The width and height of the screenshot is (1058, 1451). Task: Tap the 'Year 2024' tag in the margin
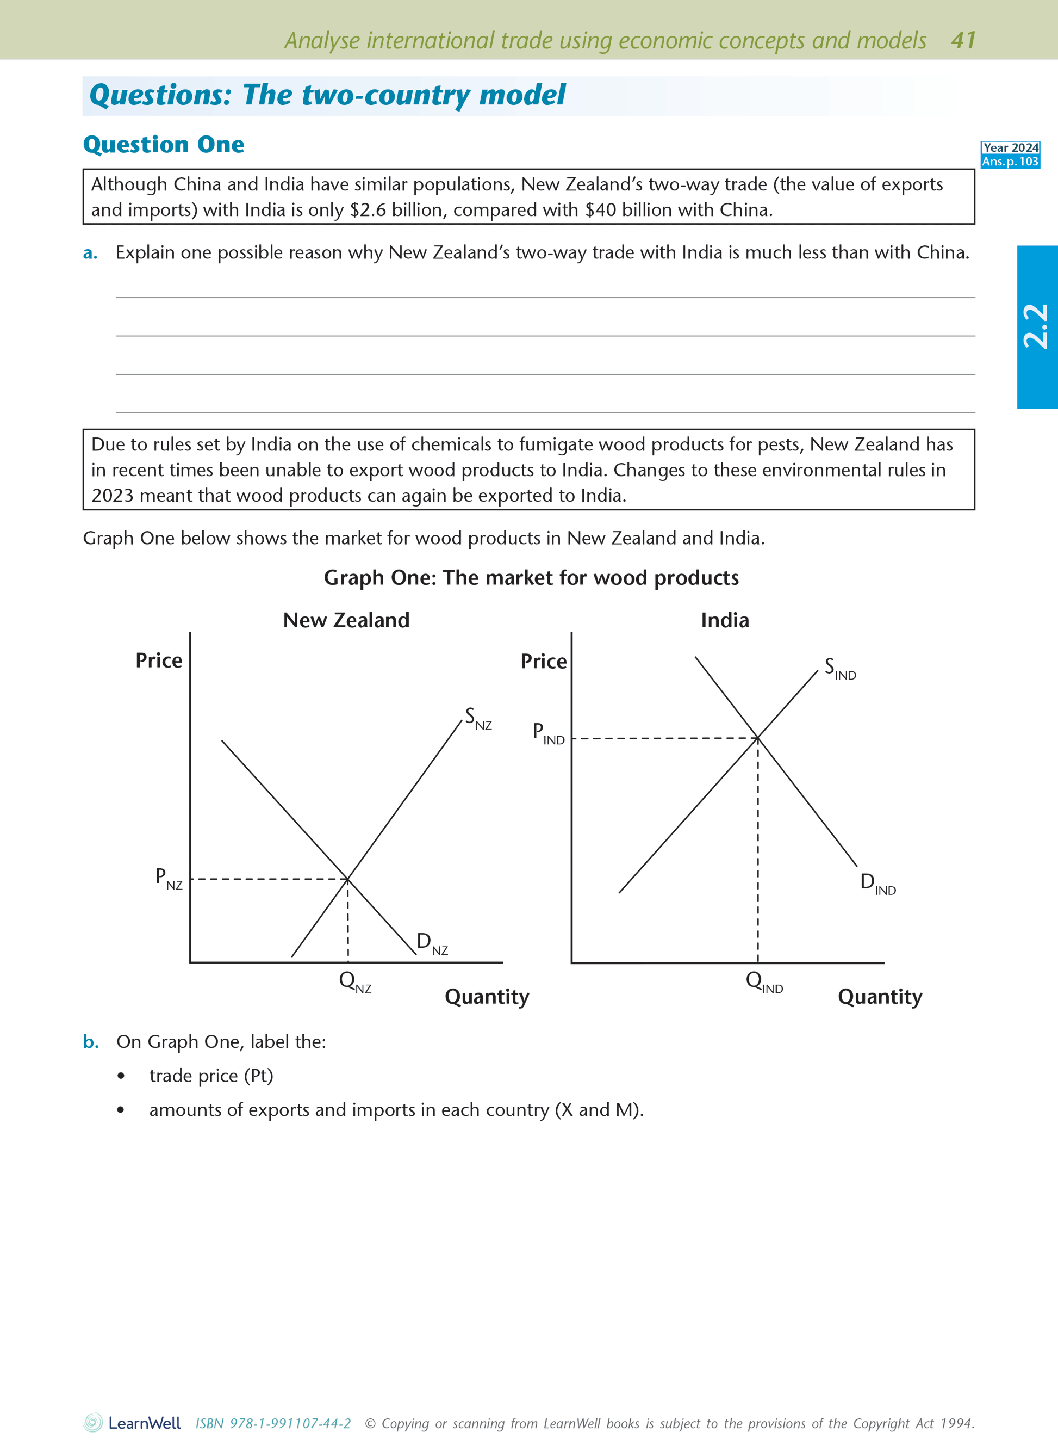[x=1010, y=148]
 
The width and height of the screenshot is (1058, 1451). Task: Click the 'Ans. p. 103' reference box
[x=1010, y=162]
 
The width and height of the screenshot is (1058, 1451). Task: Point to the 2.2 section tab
[x=1036, y=327]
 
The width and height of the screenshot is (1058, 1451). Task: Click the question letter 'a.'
[x=90, y=253]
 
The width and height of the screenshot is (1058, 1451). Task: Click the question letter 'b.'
[x=91, y=1041]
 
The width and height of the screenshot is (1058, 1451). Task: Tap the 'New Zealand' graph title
[x=346, y=620]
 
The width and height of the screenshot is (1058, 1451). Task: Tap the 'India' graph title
[x=724, y=620]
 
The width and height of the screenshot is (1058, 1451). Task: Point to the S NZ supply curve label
[x=478, y=719]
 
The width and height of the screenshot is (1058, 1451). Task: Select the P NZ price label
[x=169, y=878]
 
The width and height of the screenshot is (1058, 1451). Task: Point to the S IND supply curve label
[x=839, y=669]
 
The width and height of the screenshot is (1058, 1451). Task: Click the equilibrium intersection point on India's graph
[x=758, y=738]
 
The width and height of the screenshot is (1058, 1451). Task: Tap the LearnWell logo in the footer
[x=133, y=1423]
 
